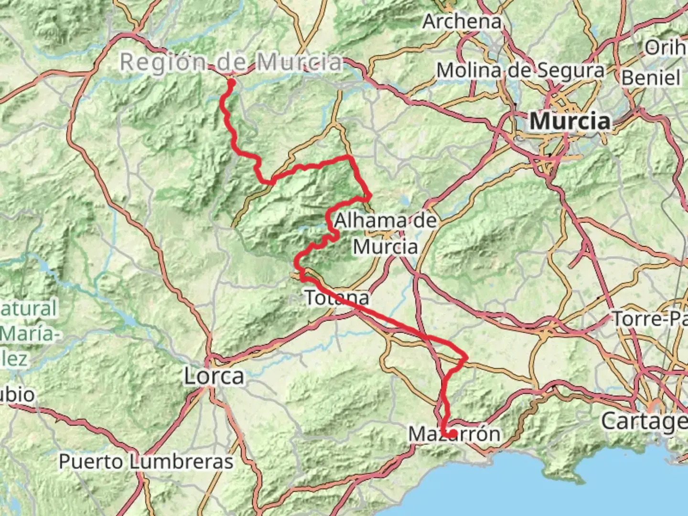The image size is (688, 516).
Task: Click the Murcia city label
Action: [x=570, y=121]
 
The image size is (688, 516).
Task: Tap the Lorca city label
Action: [x=214, y=376]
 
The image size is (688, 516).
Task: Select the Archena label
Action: [x=462, y=21]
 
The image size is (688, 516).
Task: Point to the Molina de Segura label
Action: [x=520, y=71]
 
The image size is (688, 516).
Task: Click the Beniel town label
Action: [x=651, y=78]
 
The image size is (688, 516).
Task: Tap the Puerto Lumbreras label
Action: [x=146, y=462]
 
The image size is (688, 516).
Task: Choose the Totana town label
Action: [x=337, y=298]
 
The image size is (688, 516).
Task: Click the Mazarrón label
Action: [x=454, y=434]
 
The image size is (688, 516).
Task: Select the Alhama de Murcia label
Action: [x=385, y=234]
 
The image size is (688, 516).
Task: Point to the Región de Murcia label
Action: [x=231, y=62]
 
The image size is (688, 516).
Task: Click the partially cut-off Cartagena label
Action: [x=644, y=421]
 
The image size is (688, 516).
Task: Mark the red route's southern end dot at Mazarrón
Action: [x=451, y=434]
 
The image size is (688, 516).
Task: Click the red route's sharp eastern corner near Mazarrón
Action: [x=466, y=356]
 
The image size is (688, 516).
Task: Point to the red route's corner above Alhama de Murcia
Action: [x=370, y=195]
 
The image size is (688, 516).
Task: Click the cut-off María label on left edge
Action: [x=29, y=333]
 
